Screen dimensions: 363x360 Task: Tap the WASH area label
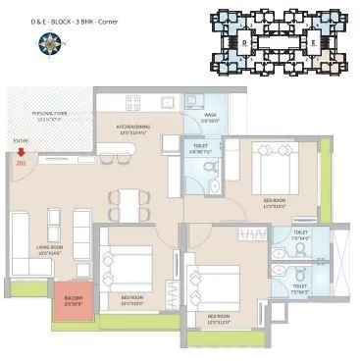point(210,116)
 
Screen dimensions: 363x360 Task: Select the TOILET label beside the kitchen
point(200,148)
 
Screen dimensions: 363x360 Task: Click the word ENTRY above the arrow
point(21,140)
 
